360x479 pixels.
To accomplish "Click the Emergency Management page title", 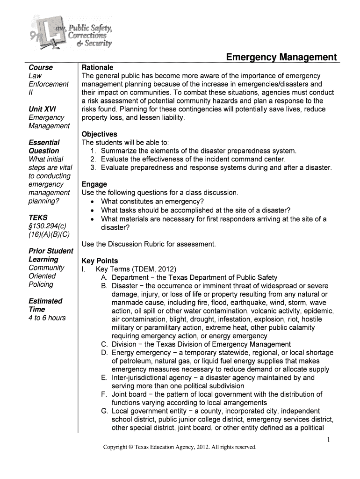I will (x=281, y=57).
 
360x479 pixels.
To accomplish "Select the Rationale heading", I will (x=97, y=67).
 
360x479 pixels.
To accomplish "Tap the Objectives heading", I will (x=99, y=134).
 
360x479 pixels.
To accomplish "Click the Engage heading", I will (x=94, y=184).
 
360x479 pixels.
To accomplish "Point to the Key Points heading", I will (x=100, y=261).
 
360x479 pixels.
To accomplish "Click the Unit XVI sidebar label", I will (x=42, y=109).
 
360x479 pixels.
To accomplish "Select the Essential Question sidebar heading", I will (x=44, y=146).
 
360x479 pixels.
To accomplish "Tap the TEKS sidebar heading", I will (x=38, y=218).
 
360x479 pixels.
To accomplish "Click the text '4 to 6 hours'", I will (x=47, y=318).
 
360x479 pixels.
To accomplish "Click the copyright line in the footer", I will (x=180, y=447).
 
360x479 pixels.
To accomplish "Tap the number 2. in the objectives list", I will (x=93, y=160).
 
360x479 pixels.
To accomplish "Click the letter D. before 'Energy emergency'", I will (x=104, y=353).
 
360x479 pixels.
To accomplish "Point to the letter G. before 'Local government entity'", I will (x=104, y=411).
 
